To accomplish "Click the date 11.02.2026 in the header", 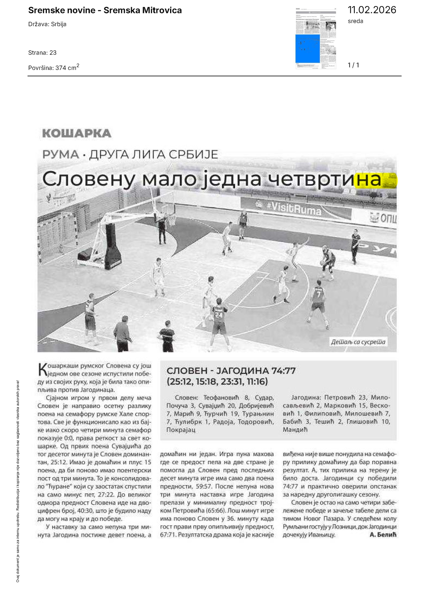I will click(372, 10).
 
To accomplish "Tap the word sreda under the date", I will click(355, 21).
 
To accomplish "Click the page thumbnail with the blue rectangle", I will click(316, 39).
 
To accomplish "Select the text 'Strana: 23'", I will click(42, 53).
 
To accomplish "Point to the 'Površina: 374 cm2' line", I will click(54, 67).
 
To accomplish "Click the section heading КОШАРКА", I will click(77, 133).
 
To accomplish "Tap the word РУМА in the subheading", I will click(61, 154).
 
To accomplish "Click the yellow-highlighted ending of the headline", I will click(375, 179).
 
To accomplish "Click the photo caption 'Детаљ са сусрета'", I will click(358, 342).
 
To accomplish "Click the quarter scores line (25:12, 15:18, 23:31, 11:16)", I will click(217, 381).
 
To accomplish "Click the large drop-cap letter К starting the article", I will click(42, 369).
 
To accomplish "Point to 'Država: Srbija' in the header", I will click(47, 24).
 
